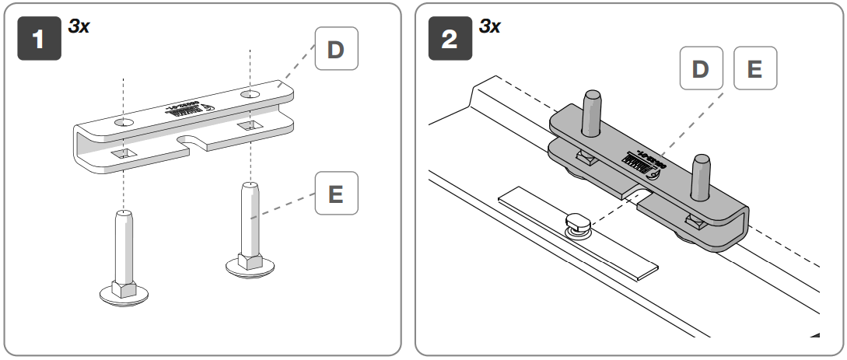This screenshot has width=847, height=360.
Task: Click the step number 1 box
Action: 40,40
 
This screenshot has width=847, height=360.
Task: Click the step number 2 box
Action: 450,40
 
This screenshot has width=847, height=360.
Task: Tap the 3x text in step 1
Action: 79,26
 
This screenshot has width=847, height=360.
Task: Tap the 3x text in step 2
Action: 489,26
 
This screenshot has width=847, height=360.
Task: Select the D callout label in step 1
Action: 335,51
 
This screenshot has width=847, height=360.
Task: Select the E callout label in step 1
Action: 335,194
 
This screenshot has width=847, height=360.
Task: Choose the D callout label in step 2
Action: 700,69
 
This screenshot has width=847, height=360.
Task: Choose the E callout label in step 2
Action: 754,69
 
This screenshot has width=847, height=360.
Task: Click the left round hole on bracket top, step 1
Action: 124,123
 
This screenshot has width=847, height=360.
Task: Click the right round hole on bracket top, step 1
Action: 250,93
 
